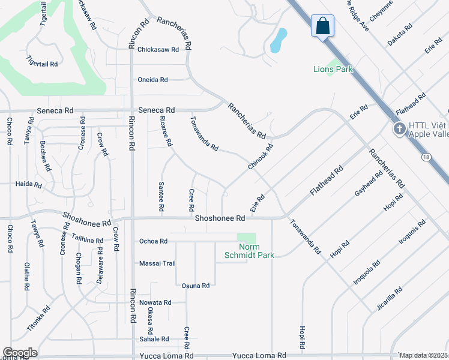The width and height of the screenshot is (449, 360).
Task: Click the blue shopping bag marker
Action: coord(322,26)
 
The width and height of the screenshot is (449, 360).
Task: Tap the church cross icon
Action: coord(399,129)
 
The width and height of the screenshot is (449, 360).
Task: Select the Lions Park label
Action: coord(333,69)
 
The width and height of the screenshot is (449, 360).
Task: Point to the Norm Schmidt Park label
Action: coord(257,251)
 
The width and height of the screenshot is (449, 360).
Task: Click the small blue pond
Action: coord(279,41)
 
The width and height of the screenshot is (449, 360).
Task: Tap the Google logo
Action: coord(20,353)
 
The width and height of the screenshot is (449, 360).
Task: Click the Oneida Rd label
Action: coord(152,80)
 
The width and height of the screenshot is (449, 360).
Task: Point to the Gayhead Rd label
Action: coord(369,184)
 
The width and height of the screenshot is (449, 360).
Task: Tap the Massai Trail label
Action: coord(157,263)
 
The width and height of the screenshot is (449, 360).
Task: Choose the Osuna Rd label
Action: coord(196,286)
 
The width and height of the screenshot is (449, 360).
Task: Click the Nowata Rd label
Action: coord(155,302)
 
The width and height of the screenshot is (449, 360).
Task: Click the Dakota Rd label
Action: coord(400,35)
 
